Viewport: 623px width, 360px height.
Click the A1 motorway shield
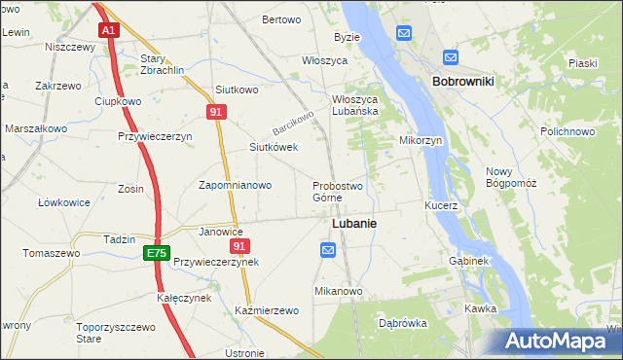click(x=109, y=31)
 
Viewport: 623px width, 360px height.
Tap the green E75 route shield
click(x=155, y=253)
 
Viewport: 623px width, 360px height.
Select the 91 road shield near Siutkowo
click(x=218, y=113)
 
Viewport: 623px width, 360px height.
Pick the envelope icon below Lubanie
click(x=328, y=251)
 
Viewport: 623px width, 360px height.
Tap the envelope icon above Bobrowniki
click(x=450, y=57)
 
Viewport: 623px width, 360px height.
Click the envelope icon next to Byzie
click(x=403, y=33)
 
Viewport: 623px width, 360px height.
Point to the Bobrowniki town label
click(x=462, y=82)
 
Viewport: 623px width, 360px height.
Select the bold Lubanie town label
click(x=354, y=223)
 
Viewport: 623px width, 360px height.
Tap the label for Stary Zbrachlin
click(x=161, y=65)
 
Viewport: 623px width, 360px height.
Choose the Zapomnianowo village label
click(x=235, y=185)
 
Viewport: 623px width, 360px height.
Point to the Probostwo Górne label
click(x=338, y=192)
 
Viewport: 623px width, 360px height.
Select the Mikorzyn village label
click(x=421, y=140)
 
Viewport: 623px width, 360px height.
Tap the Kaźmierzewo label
click(x=266, y=310)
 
